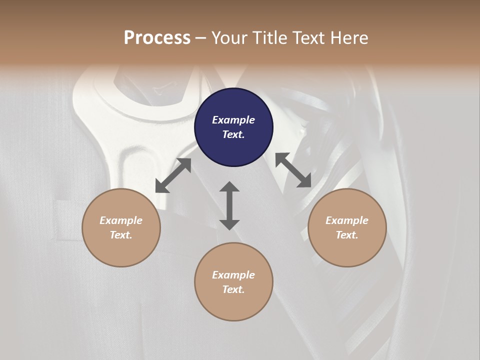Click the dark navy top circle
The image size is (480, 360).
click(233, 127)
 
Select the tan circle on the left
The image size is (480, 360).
click(121, 227)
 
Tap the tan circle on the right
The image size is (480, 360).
click(347, 227)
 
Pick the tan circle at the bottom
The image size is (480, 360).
click(233, 281)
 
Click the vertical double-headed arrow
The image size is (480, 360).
click(229, 205)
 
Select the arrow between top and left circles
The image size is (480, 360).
click(173, 175)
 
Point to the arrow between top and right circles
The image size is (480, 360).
click(293, 170)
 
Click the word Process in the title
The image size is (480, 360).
click(157, 37)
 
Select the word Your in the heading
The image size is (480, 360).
click(227, 37)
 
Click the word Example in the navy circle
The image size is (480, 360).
click(233, 120)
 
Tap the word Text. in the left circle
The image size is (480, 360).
click(121, 235)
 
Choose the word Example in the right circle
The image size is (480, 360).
click(347, 220)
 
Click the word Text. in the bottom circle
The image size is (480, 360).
click(233, 289)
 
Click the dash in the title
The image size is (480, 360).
click(200, 38)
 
